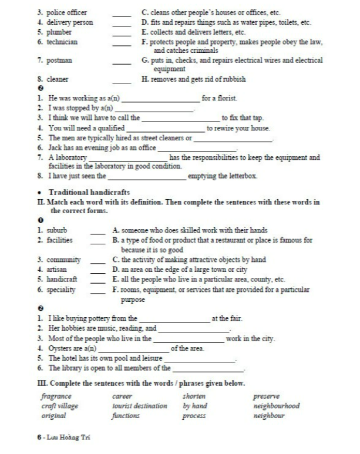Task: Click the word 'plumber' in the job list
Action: [60, 32]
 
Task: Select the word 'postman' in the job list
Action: [60, 60]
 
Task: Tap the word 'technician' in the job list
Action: [63, 42]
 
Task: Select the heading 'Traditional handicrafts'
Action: [89, 192]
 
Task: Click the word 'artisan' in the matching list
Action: [58, 269]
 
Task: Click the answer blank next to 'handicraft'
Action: [97, 280]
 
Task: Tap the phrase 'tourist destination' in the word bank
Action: [139, 406]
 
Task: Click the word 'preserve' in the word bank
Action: [266, 396]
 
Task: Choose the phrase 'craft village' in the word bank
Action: [59, 406]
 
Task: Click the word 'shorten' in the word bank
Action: [194, 396]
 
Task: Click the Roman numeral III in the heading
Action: [41, 384]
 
